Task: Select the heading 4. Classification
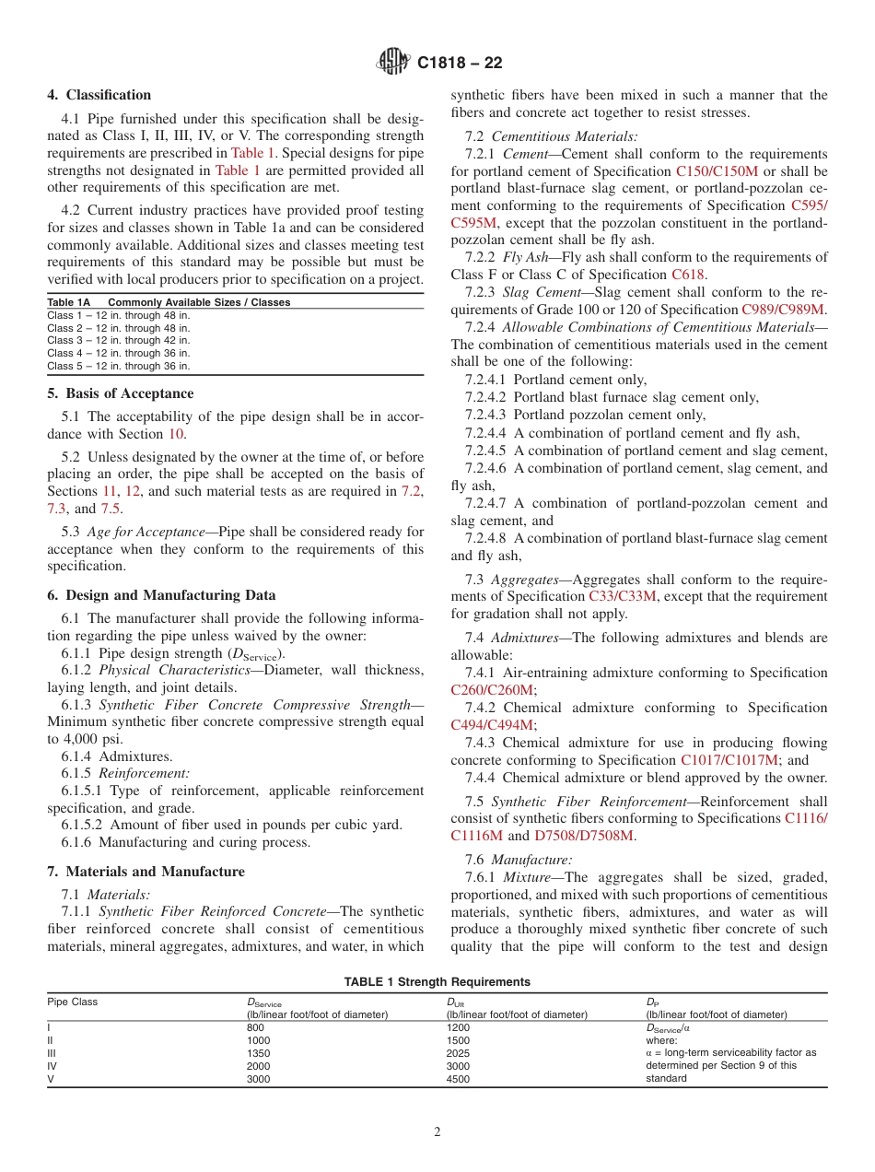tap(99, 95)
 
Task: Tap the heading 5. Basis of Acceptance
tap(121, 393)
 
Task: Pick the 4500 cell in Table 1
tap(458, 1079)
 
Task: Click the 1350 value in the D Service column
tap(259, 1052)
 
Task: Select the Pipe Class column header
tap(73, 1002)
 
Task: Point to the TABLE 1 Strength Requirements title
tap(437, 982)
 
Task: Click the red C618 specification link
tap(687, 275)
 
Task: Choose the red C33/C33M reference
tap(623, 596)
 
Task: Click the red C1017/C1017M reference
tap(729, 760)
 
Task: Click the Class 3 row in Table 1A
tap(119, 340)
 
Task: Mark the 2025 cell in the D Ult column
tap(458, 1052)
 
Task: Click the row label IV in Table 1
tap(52, 1066)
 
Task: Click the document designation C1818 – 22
tap(460, 64)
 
